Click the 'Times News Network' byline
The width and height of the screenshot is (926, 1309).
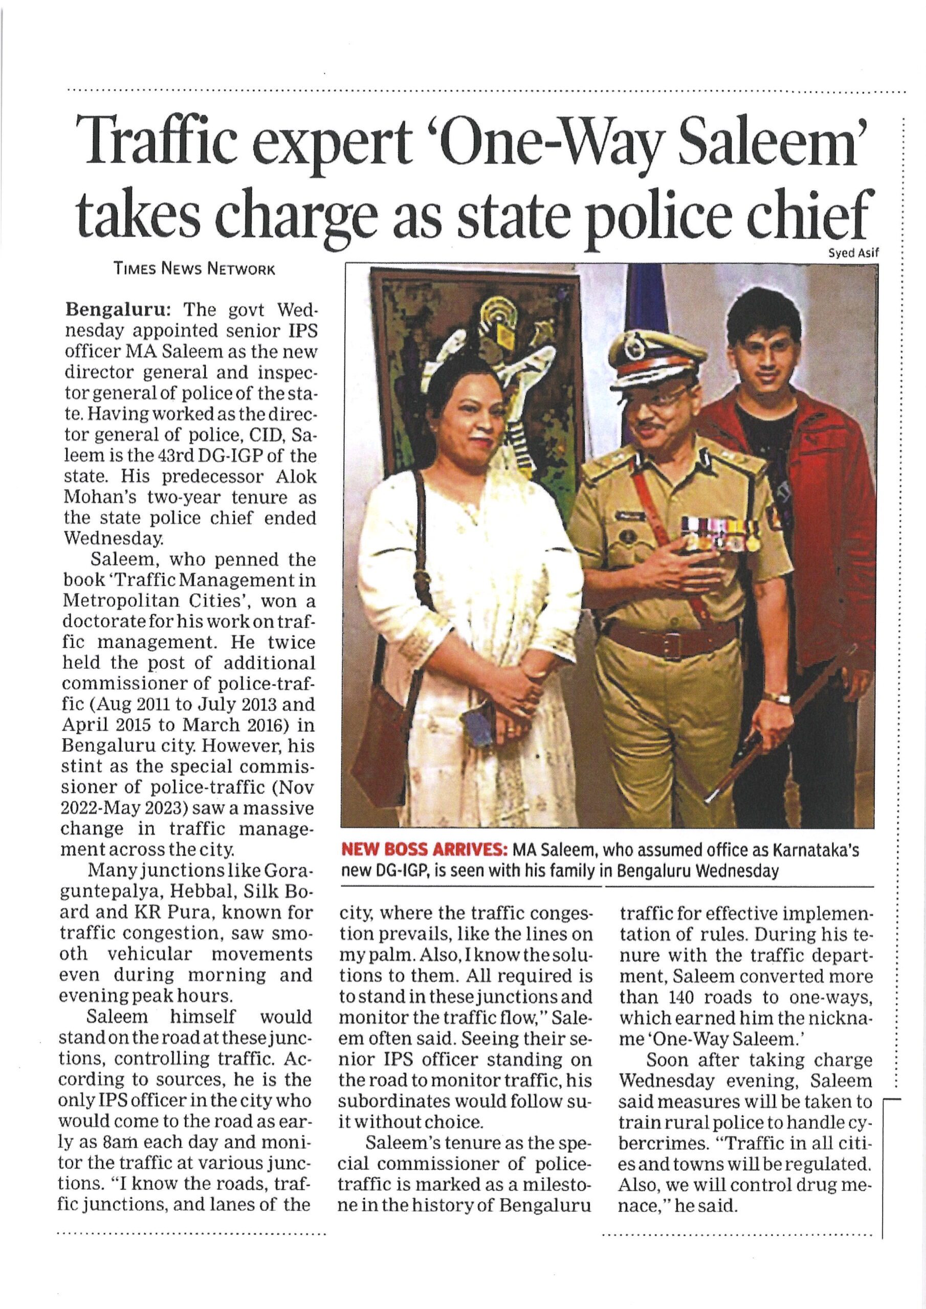194,269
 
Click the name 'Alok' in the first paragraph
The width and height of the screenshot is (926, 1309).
297,477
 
